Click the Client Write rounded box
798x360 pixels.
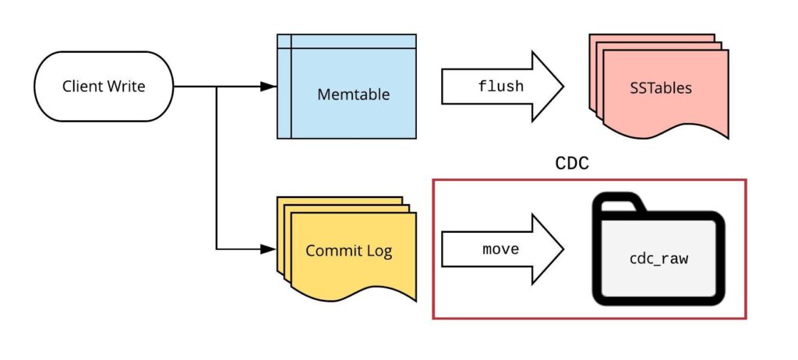104,86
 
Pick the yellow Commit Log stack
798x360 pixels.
347,249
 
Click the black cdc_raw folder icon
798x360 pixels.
658,249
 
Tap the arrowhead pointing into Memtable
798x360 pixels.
267,86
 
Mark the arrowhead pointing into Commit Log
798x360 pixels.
267,250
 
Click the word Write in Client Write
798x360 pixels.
126,86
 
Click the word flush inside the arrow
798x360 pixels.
500,86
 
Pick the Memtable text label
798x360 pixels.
353,95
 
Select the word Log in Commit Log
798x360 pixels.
380,251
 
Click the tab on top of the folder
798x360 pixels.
620,204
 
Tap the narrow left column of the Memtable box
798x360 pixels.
284,94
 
